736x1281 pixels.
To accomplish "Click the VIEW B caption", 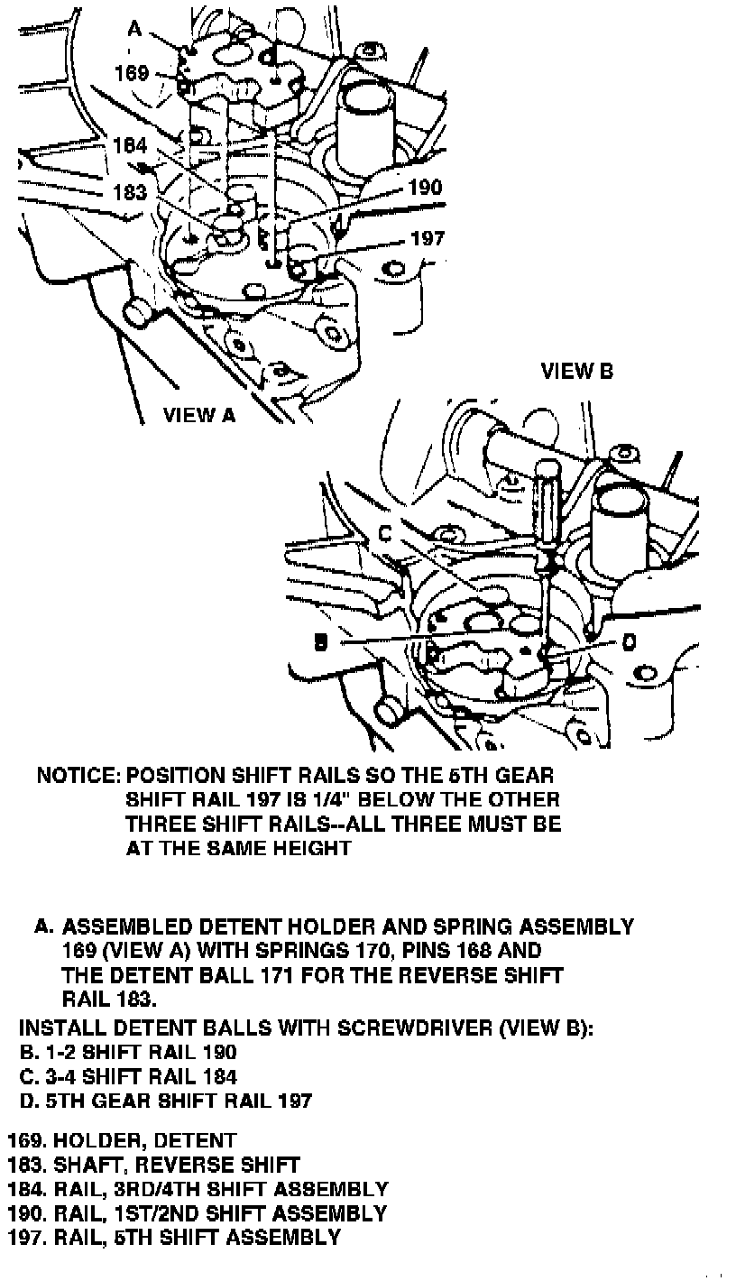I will tap(577, 371).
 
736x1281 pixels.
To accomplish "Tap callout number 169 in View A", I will tap(132, 73).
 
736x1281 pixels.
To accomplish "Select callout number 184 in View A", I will tap(131, 144).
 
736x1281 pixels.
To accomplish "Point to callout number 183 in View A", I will tap(131, 192).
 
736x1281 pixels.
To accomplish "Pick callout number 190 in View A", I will tap(425, 188).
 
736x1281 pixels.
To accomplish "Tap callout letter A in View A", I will tap(134, 29).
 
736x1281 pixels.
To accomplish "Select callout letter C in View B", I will tap(384, 533).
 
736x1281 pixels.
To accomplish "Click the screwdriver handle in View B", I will tap(547, 492).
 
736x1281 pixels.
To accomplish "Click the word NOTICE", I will tap(77, 775).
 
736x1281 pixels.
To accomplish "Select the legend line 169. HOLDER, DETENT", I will tap(121, 1141).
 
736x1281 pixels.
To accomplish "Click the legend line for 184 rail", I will tap(198, 1189).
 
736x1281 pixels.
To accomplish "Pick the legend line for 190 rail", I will tap(197, 1213).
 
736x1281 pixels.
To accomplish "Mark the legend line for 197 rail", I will tap(174, 1237).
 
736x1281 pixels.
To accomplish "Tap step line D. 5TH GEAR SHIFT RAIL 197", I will tap(166, 1101).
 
